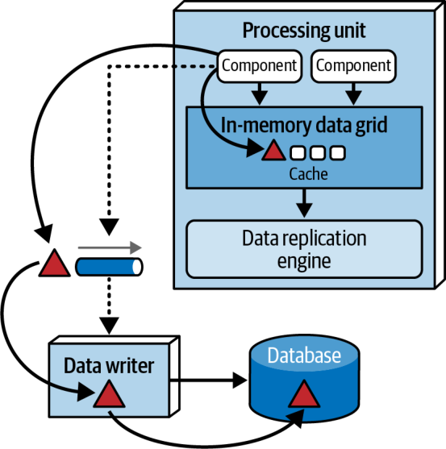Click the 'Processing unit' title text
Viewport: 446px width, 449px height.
[x=304, y=31]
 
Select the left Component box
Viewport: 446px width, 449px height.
[x=259, y=66]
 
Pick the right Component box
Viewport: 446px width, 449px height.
[x=353, y=66]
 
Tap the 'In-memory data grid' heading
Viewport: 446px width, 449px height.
[x=304, y=125]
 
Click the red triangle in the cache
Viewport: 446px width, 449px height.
[x=273, y=151]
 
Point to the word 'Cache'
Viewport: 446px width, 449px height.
[x=308, y=174]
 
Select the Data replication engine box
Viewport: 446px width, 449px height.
[x=304, y=249]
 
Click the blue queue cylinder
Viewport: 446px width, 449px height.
[x=109, y=267]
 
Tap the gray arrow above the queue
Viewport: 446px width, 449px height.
[x=110, y=247]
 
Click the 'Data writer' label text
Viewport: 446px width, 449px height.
[x=109, y=366]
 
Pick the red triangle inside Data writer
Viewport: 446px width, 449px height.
[x=109, y=395]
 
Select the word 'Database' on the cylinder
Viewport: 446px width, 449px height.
[x=304, y=355]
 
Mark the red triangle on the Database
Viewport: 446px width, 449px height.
[x=304, y=395]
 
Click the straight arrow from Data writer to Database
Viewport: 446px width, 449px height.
[x=209, y=380]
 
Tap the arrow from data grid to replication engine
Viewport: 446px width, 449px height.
[x=304, y=203]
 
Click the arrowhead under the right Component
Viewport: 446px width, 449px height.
[x=353, y=98]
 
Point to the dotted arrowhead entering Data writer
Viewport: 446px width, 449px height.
[x=109, y=326]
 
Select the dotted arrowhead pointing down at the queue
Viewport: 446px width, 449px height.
[x=109, y=227]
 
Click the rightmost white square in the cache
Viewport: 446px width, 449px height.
[x=337, y=152]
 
